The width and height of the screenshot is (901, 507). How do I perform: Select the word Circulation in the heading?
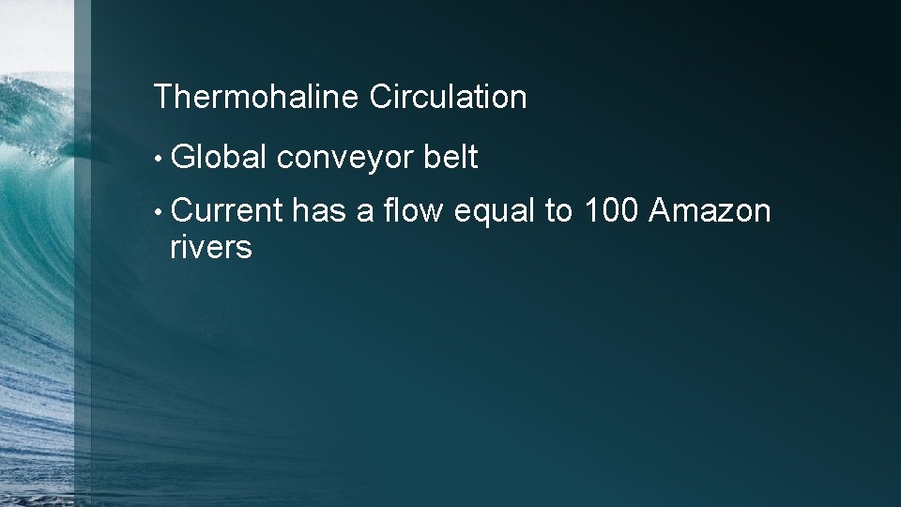(x=448, y=97)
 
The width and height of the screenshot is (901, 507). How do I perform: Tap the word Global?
(x=220, y=158)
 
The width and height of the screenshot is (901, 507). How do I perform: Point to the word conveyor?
(x=345, y=160)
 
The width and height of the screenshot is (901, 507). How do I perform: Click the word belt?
(x=450, y=158)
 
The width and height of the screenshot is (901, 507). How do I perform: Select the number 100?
(x=611, y=212)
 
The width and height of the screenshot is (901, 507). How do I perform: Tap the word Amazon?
(x=710, y=212)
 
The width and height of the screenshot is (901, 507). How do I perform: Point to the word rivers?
(x=210, y=249)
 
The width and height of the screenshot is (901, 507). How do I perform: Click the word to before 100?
(x=559, y=213)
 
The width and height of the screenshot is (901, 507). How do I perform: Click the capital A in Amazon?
(x=660, y=212)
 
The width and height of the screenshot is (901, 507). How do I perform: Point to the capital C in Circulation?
(x=382, y=97)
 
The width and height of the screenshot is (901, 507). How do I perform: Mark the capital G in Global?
(x=184, y=158)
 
